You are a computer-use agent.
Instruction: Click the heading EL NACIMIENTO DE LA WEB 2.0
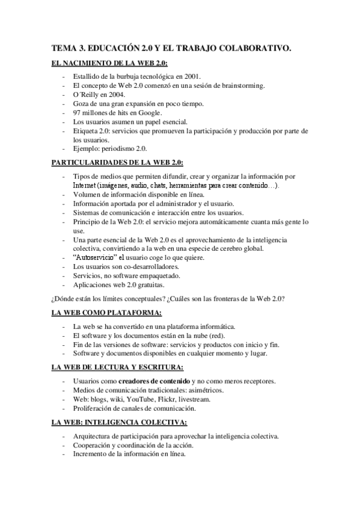pos(109,63)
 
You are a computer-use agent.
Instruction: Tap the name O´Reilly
pos(87,95)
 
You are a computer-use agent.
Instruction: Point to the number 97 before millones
pos(77,112)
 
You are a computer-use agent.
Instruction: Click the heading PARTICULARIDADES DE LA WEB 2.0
pos(117,162)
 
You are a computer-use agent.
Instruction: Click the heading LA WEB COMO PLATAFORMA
pos(106,313)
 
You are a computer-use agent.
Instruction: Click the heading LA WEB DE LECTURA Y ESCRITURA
pos(117,367)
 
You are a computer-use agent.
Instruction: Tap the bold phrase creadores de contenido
pos(154,381)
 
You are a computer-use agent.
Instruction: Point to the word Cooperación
pos(93,445)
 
